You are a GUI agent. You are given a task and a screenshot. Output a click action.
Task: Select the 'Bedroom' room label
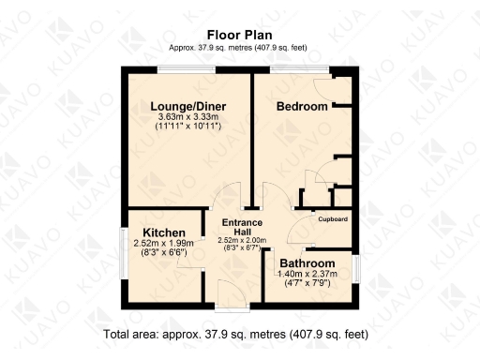[302, 107]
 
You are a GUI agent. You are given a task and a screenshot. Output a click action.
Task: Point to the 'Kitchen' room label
[163, 232]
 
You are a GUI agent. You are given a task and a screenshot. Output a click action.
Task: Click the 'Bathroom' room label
[306, 263]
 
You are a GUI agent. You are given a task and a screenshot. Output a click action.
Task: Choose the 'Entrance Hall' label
[241, 227]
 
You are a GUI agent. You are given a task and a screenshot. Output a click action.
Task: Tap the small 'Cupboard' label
[333, 218]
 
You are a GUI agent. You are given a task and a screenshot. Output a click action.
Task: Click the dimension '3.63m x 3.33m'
[188, 116]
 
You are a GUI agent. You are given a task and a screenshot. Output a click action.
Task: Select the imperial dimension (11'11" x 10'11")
[188, 126]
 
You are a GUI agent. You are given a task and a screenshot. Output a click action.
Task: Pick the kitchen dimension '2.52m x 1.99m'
[161, 244]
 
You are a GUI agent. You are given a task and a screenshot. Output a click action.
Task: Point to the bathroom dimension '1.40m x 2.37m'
[306, 274]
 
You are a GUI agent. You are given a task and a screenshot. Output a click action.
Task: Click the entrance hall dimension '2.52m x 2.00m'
[241, 240]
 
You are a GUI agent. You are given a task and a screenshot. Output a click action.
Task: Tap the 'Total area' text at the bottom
[235, 334]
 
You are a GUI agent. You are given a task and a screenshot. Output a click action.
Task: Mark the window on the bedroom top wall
[300, 68]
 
